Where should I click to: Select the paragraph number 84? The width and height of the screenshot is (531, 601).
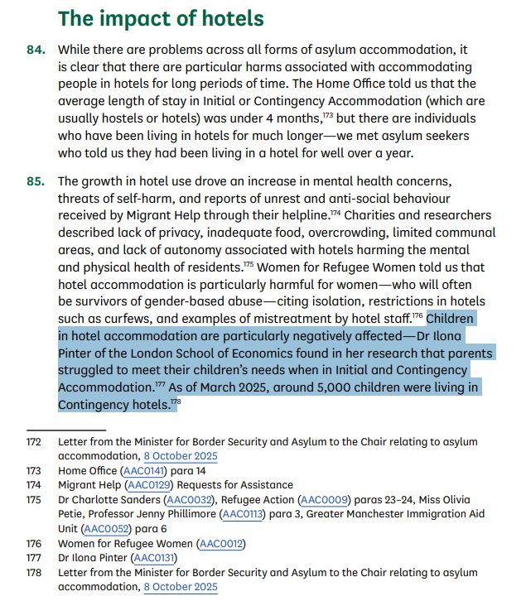pyautogui.click(x=35, y=50)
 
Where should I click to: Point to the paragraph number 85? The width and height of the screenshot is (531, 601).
pyautogui.click(x=35, y=181)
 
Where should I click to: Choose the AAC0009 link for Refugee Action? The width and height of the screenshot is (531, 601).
pyautogui.click(x=322, y=499)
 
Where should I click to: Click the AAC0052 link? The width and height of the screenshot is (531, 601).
pyautogui.click(x=105, y=529)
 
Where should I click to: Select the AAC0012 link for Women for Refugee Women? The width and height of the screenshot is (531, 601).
pyautogui.click(x=221, y=544)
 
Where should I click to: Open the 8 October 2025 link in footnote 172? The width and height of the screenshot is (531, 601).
pyautogui.click(x=181, y=455)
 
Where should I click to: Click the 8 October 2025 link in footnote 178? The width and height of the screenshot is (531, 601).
pyautogui.click(x=181, y=587)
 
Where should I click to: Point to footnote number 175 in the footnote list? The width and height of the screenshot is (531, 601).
pyautogui.click(x=34, y=499)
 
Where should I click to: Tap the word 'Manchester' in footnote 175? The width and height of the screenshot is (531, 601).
pyautogui.click(x=396, y=514)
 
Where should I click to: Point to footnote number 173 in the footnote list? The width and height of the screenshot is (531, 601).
pyautogui.click(x=34, y=470)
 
